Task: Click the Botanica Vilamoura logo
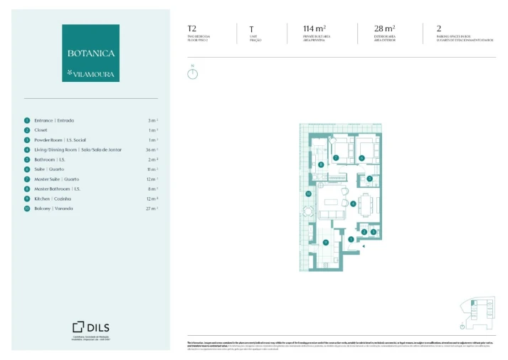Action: [x=90, y=53]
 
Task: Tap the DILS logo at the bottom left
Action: [x=90, y=327]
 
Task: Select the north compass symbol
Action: [x=192, y=73]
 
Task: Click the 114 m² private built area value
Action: [x=314, y=29]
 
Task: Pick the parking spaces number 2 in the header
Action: [x=439, y=29]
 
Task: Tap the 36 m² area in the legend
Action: [x=152, y=150]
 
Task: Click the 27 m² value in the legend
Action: [x=152, y=208]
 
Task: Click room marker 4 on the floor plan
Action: [x=354, y=203]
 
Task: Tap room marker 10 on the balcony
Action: [x=308, y=193]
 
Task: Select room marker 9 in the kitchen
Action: [x=325, y=243]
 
